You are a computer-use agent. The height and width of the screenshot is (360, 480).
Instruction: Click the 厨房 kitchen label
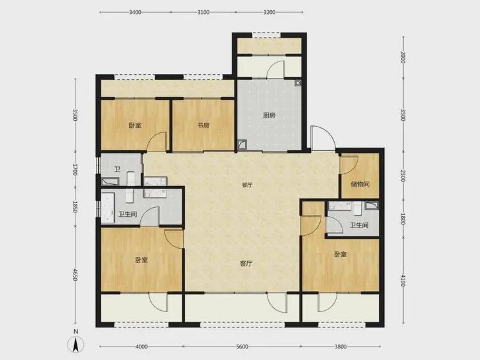[269, 115]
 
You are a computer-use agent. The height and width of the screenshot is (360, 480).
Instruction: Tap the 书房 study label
[204, 125]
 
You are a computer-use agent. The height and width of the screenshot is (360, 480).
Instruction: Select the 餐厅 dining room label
[247, 185]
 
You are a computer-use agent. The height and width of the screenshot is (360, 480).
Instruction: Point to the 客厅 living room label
[246, 263]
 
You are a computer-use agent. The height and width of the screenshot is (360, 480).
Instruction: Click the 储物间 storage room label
[360, 184]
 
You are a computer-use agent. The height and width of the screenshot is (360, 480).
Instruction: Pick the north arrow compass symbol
[76, 343]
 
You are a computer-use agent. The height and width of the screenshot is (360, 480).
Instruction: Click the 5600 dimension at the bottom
[242, 347]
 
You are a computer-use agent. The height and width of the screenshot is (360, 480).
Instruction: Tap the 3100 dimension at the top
[204, 12]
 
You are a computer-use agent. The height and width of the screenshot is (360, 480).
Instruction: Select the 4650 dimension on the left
[75, 275]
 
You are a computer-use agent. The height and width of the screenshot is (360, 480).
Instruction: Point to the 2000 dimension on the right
[403, 58]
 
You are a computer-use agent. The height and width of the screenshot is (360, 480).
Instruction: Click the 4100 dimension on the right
[403, 281]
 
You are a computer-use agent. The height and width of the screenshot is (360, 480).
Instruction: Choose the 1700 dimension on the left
[75, 170]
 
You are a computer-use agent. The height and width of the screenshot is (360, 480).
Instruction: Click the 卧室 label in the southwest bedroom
[141, 260]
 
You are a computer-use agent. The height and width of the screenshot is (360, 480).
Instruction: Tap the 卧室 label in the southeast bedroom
[340, 254]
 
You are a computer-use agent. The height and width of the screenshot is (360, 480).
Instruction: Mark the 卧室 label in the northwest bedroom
[135, 125]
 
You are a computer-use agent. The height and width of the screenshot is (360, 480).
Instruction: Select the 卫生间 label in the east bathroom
[359, 226]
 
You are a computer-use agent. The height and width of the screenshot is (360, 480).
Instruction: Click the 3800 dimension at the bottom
[340, 347]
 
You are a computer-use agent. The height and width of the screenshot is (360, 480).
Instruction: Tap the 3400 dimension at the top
[135, 12]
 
